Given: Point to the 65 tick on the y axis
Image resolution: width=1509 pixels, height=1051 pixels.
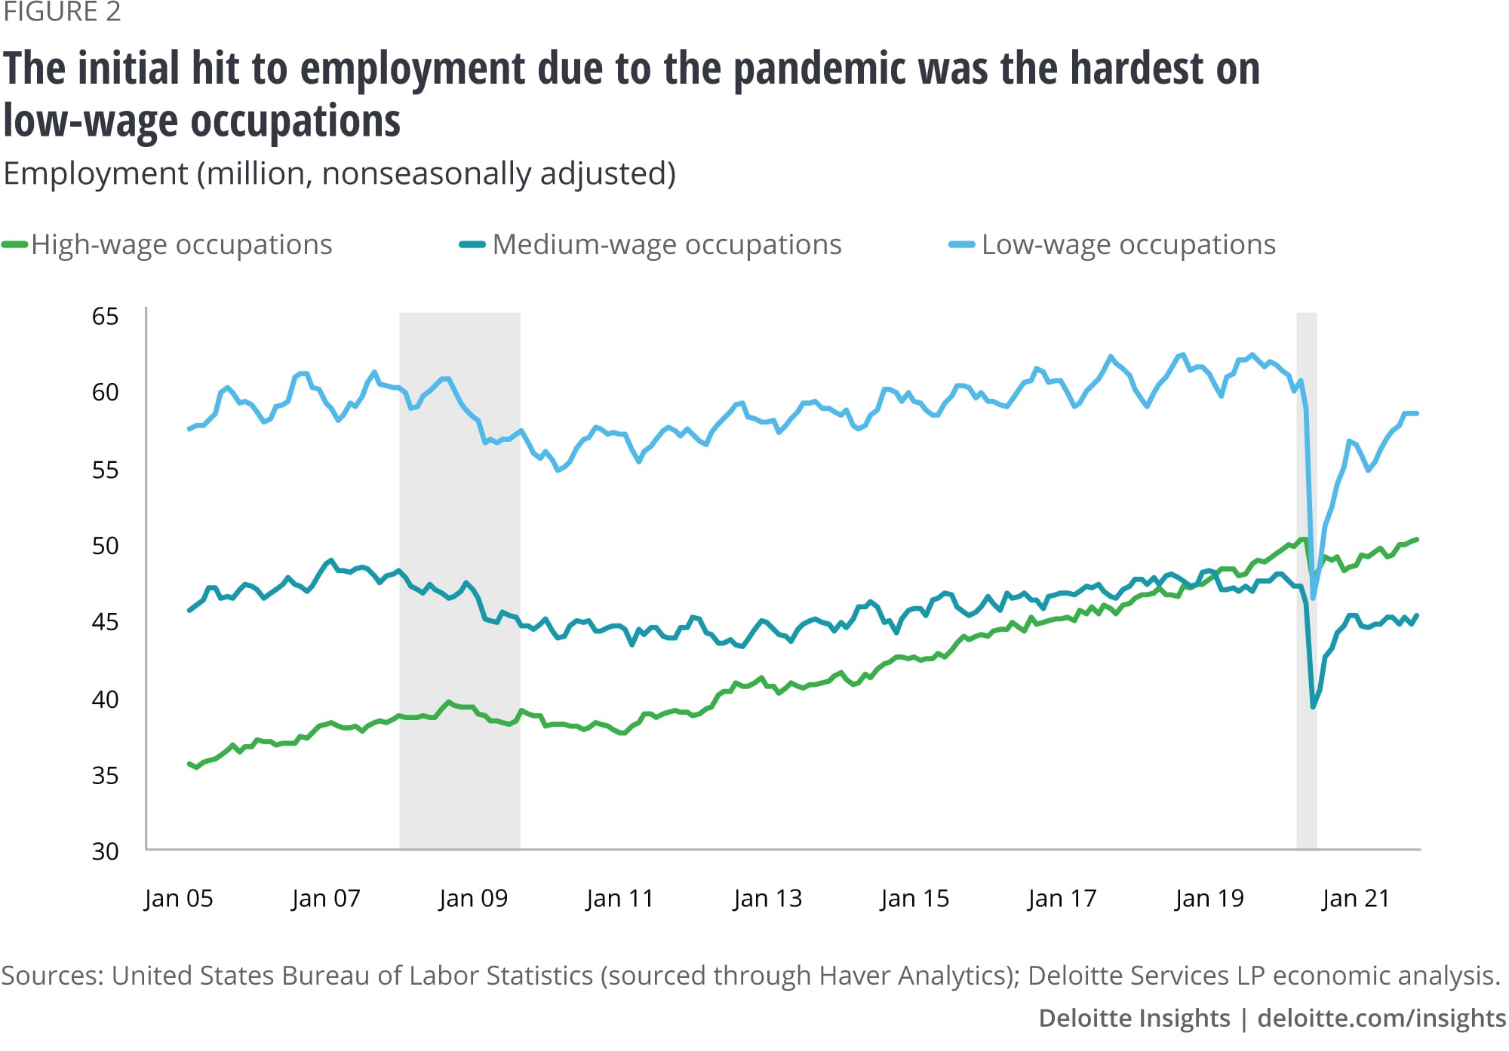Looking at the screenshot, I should point(105,317).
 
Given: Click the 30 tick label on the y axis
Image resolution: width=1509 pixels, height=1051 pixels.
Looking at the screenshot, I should point(105,851).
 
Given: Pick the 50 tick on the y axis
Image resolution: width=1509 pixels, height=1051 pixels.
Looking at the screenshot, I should point(105,546).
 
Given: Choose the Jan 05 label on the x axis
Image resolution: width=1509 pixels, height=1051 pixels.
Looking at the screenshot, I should point(179,899).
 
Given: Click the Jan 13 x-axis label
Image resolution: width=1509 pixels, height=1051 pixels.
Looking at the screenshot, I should point(767,899).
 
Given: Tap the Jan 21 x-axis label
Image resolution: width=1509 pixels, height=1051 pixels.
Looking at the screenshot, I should point(1356,899).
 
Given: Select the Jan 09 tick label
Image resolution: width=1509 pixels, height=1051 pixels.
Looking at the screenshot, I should point(473,899).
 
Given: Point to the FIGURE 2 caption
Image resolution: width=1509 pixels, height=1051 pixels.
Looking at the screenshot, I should point(62,12).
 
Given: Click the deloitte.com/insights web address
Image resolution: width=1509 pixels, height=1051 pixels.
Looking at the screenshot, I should point(1381,1019).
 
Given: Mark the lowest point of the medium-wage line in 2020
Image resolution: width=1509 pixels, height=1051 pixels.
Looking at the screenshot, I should point(1314,706).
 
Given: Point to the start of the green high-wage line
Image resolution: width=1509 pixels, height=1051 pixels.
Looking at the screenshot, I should point(189,764).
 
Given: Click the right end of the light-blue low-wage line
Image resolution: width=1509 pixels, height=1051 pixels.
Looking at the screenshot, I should point(1417,413).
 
